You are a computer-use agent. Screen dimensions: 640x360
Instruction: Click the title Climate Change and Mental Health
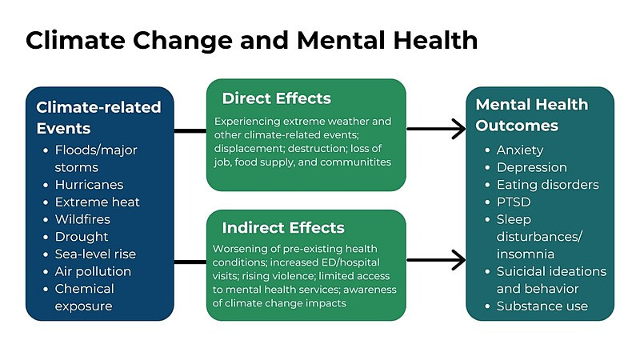pos(251,41)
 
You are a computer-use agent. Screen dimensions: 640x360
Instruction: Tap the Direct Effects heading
pos(276,98)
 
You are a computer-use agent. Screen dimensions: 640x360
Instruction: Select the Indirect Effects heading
pos(283,228)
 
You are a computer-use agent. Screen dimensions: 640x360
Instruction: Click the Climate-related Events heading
pos(98,118)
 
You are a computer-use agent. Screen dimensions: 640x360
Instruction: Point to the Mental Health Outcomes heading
pos(532,114)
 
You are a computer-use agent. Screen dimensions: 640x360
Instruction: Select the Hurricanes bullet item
pos(89,185)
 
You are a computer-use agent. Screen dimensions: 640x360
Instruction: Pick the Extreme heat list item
pos(97,202)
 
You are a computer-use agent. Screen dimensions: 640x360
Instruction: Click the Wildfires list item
pos(82,219)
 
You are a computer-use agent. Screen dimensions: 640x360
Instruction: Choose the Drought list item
pos(82,237)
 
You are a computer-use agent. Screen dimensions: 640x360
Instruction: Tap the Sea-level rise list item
pos(95,254)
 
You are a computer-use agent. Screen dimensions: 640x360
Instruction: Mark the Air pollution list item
pos(93,271)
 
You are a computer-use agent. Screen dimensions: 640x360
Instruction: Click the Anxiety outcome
pos(519,150)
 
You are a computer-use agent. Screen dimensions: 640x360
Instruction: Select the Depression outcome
pos(531,167)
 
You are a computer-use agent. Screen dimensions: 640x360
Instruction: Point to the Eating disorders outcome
pos(547,185)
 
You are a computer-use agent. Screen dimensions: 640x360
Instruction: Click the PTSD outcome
pos(514,202)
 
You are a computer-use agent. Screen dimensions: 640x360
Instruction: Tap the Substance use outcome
pos(542,306)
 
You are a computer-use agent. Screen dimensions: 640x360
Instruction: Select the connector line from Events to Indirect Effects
pos(190,262)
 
